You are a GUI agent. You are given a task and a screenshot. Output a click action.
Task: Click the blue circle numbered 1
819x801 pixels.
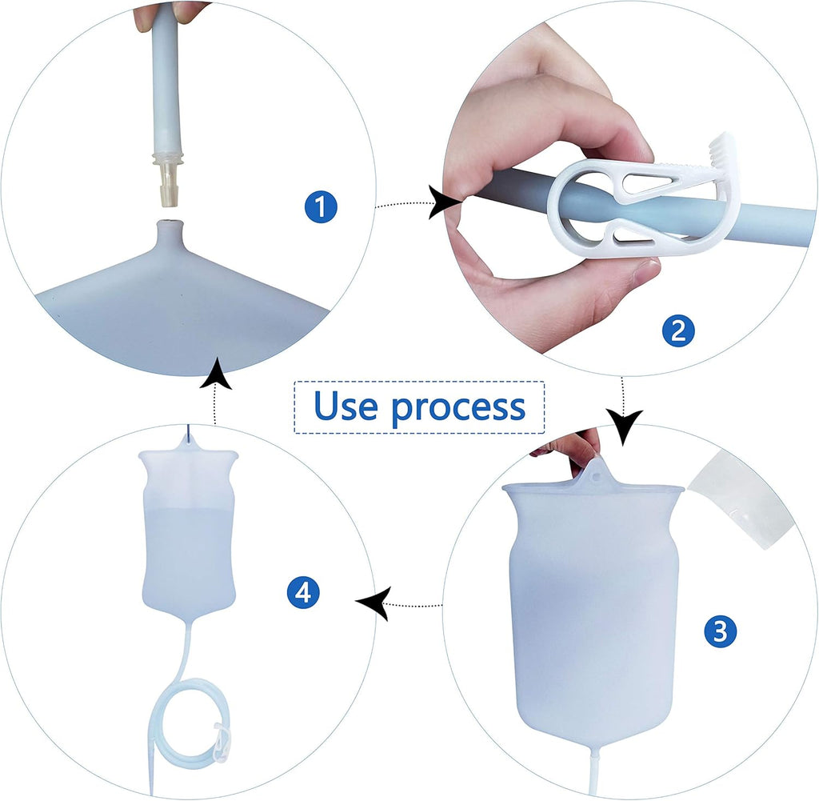tap(320, 206)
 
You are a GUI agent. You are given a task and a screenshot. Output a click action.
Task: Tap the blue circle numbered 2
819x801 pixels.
tap(678, 330)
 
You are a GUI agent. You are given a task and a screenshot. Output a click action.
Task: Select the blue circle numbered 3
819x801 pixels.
tap(720, 631)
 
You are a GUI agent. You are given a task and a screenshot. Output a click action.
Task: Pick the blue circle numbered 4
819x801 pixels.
tap(303, 592)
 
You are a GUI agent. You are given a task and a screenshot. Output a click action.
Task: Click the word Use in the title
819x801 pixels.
tap(346, 406)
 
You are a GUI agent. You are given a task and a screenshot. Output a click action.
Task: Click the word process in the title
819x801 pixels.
tap(458, 409)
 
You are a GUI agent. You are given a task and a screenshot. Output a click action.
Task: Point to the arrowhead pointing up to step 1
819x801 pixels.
tap(216, 373)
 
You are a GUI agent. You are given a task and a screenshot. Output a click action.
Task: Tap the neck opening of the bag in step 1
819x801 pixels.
tap(169, 222)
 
